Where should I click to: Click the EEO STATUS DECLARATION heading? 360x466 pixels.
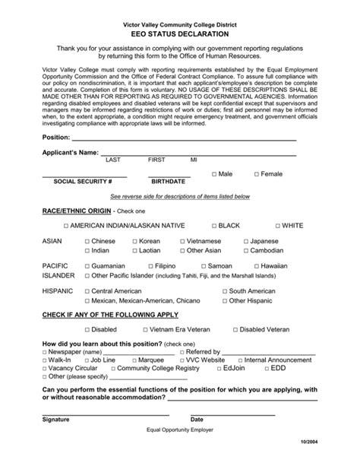tap(179, 34)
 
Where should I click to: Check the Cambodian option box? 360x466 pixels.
tap(245, 250)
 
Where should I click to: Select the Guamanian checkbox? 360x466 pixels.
tap(87, 267)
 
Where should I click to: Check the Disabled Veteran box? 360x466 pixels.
tap(235, 330)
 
